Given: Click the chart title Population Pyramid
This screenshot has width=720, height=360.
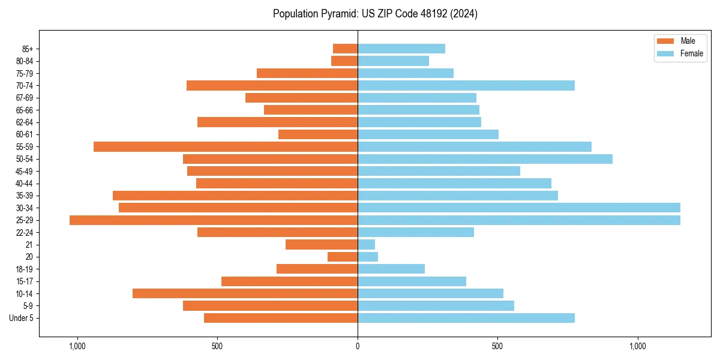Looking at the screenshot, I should pos(375,14).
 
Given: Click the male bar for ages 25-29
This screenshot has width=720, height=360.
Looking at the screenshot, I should pos(214,220).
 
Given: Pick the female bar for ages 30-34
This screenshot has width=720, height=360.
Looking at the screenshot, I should pos(519,208).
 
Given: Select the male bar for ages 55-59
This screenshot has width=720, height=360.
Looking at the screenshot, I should pos(226,146).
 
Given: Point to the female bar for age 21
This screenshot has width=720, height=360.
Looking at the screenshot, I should pos(366,245).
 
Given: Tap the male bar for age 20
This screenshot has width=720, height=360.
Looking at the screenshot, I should pos(343,257).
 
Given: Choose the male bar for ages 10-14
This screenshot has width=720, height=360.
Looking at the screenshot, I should pos(245,293).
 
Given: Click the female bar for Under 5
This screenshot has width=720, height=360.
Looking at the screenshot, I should pos(466,318).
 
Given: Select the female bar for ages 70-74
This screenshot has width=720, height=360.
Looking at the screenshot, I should pos(466,85).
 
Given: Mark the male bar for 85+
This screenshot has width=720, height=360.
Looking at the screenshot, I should pos(345,49).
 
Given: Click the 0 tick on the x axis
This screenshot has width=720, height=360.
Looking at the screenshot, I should pos(358,346).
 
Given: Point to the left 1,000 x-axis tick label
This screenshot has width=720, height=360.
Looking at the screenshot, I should pos(77,346).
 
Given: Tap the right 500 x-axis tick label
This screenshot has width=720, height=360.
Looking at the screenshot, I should pos(497,346).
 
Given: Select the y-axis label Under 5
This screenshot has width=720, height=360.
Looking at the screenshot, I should pos(22,318).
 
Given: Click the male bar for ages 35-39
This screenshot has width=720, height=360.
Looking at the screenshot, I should pos(235,196).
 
